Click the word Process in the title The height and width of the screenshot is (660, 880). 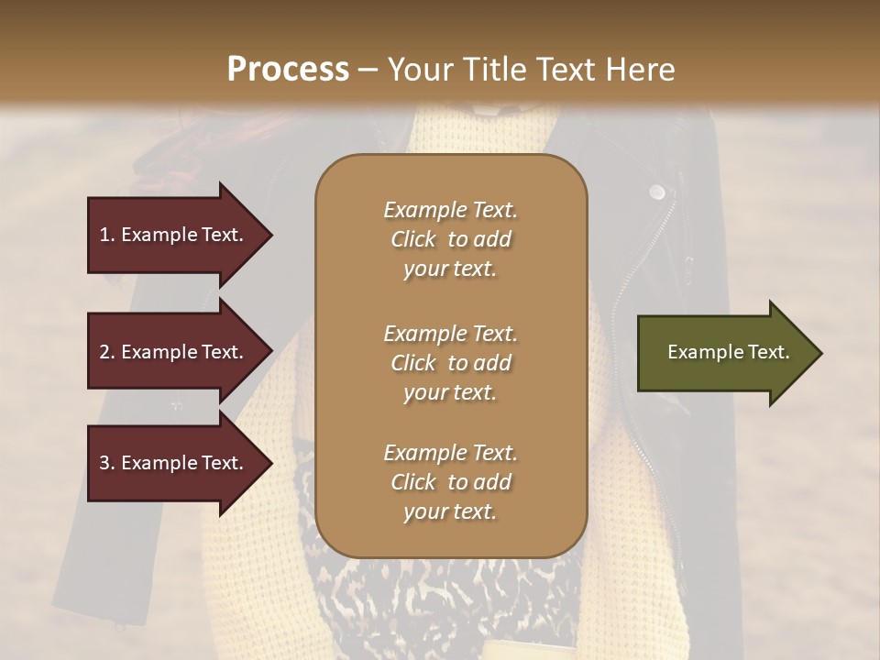pos(287,70)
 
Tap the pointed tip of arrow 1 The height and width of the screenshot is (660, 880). pos(270,235)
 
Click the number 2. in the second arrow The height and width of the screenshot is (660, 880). pos(107,352)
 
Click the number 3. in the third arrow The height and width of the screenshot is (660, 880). pos(107,463)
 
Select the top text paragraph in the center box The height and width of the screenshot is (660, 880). pos(450,239)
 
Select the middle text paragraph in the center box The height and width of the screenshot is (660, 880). pos(450,363)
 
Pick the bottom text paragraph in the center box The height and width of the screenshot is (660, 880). pos(450,482)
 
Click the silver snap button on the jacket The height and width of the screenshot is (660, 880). pos(656,192)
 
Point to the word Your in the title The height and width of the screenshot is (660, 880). pos(415,70)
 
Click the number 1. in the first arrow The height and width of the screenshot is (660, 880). pos(106,235)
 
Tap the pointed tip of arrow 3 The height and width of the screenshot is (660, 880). pos(270,463)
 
